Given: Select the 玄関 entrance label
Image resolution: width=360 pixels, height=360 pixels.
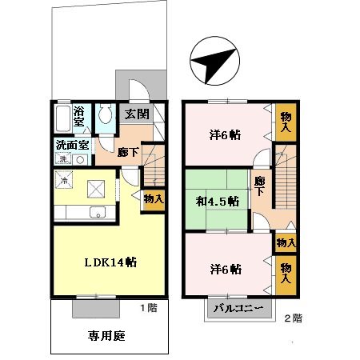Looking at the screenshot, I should click(136, 114).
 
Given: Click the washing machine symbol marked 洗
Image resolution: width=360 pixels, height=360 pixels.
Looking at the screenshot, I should click(63, 160).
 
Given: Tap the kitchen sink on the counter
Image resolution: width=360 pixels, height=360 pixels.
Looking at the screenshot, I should click(98, 213).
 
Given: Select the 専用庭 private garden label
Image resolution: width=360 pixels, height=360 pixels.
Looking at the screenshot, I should click(106, 335).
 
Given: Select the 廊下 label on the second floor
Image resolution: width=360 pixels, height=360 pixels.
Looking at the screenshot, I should click(258, 189).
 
